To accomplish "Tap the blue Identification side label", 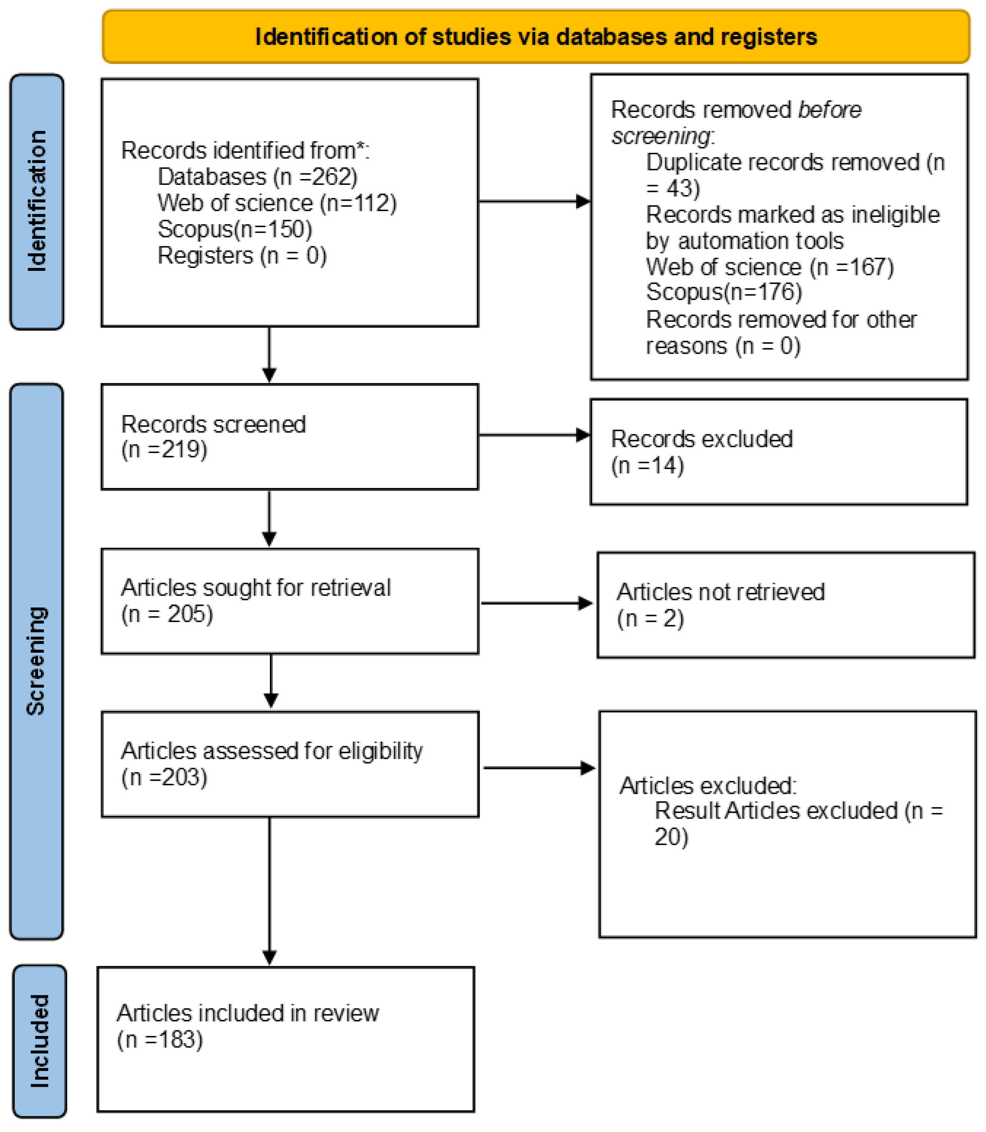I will (x=37, y=201).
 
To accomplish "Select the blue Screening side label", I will (x=36, y=661).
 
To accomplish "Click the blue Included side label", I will (x=39, y=1041).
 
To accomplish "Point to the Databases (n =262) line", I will (x=258, y=177).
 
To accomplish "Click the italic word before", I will (x=829, y=110).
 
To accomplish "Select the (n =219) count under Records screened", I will (x=164, y=450).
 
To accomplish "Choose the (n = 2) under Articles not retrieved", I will (x=650, y=619).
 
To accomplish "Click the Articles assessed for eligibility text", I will (x=272, y=751).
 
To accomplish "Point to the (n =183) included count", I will (x=160, y=1040).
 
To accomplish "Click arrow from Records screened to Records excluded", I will (x=534, y=435).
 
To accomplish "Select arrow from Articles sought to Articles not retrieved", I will (x=536, y=603).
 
